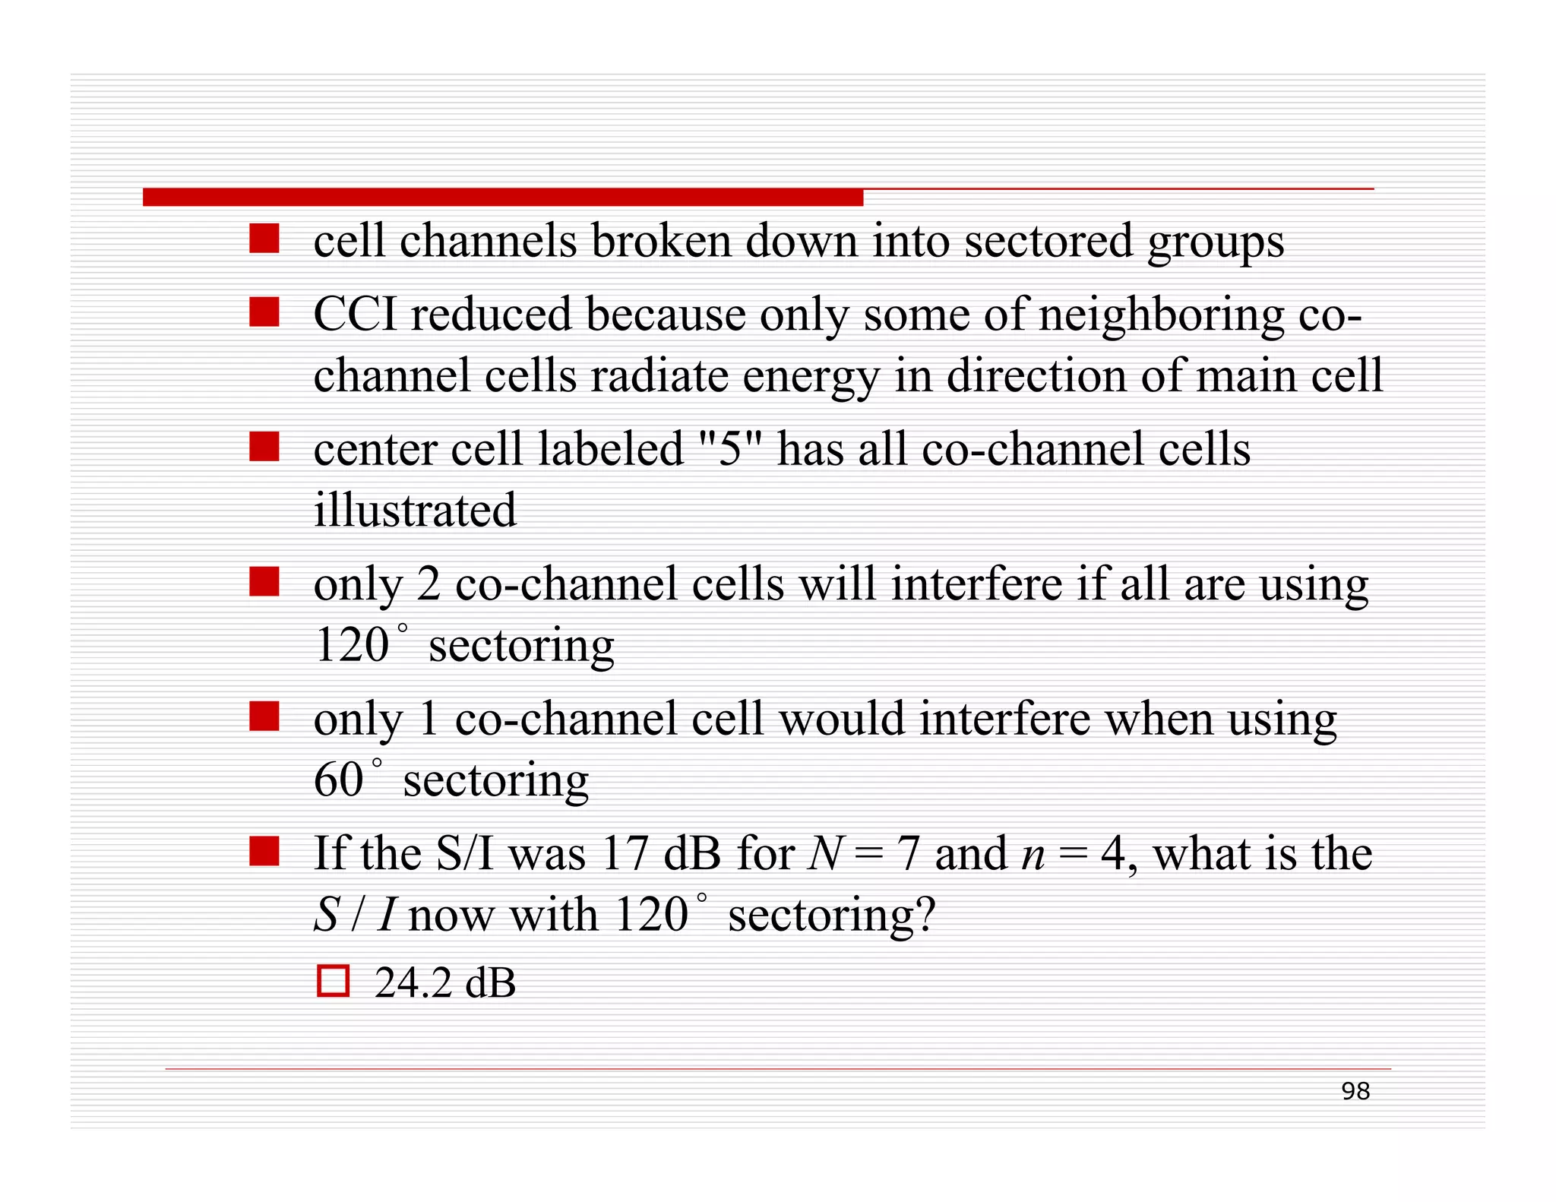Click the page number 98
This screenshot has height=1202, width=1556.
(1355, 1091)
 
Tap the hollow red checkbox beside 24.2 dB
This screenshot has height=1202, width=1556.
(333, 981)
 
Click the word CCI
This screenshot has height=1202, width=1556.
(355, 314)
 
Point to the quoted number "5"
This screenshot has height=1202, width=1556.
(729, 448)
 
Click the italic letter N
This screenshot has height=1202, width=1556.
(824, 853)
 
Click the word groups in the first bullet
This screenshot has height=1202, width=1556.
(1215, 242)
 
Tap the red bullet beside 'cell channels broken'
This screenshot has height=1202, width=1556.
(264, 238)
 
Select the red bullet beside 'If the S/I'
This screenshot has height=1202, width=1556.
(264, 851)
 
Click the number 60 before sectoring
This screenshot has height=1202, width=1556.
(339, 780)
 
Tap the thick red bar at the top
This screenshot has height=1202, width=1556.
(502, 198)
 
